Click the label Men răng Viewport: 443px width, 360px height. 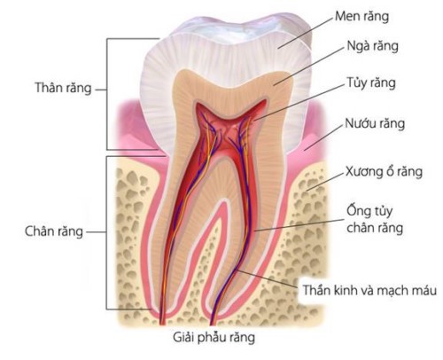[x=361, y=16]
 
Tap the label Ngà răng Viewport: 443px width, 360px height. [x=373, y=46]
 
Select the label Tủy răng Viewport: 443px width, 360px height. [x=371, y=82]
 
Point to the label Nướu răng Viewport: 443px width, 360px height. [x=375, y=123]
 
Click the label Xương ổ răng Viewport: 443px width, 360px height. [x=384, y=172]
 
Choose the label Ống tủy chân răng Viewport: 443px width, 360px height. [x=375, y=219]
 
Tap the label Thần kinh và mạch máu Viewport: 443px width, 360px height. [x=369, y=290]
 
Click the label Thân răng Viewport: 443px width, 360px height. [x=63, y=88]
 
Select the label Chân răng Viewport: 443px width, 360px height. [x=54, y=231]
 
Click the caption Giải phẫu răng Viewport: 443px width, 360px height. [x=214, y=338]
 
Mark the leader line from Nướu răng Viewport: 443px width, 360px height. [x=323, y=137]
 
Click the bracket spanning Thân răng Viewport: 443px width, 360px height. [x=107, y=94]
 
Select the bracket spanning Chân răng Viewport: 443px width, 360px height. [x=106, y=232]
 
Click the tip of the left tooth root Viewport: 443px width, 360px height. [x=162, y=324]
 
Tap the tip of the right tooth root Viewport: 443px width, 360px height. [x=213, y=324]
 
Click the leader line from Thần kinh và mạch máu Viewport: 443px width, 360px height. [x=268, y=278]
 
